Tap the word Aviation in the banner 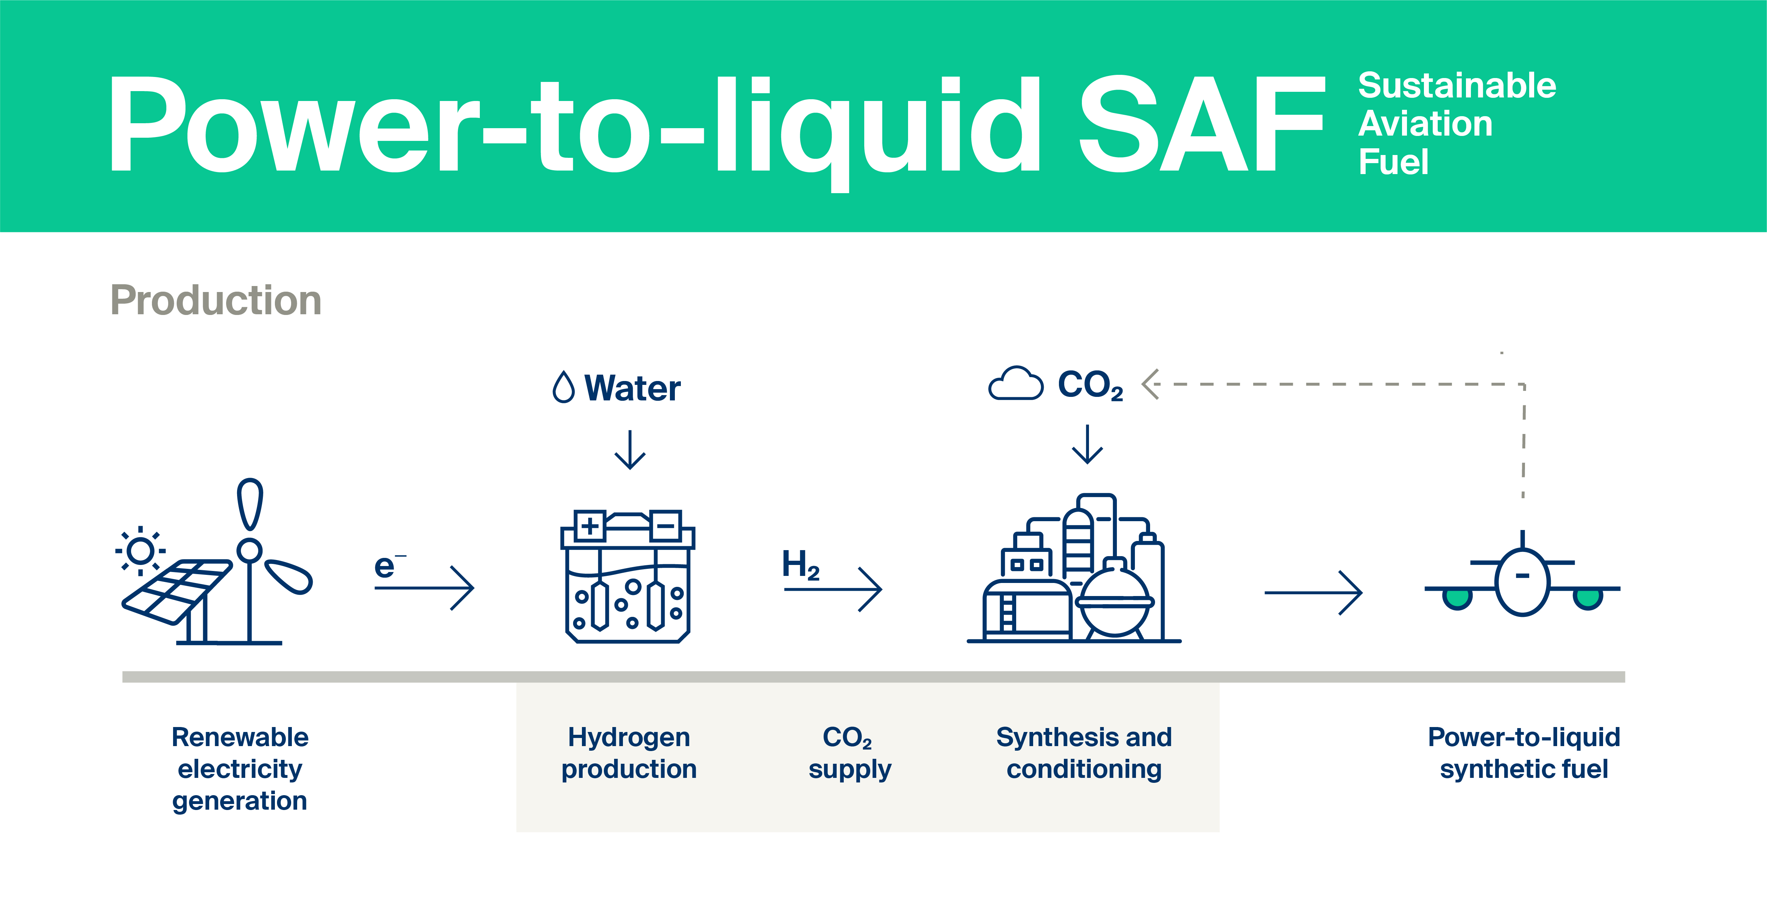[x=1425, y=124]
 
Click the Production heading [x=216, y=300]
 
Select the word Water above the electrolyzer [x=632, y=388]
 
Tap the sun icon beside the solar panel [x=141, y=550]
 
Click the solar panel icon [x=177, y=591]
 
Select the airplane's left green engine [x=1457, y=598]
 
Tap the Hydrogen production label [x=629, y=753]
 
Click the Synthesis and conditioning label [x=1084, y=753]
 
